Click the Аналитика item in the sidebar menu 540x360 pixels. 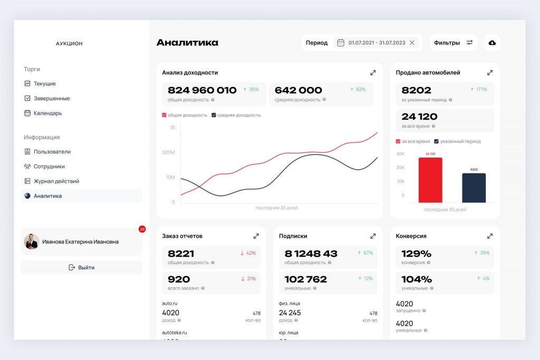click(47, 196)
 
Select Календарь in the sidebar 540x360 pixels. click(47, 113)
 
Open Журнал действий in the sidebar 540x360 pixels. click(56, 181)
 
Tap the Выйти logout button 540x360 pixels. click(82, 268)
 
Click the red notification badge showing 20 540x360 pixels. click(142, 229)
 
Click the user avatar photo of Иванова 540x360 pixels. click(32, 241)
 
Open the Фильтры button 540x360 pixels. click(453, 43)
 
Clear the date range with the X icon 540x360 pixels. click(412, 43)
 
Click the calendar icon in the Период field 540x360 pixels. click(341, 43)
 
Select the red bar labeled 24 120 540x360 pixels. click(430, 180)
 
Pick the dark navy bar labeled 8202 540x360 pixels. click(474, 188)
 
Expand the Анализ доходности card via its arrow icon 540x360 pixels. click(373, 73)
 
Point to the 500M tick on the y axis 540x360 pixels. click(169, 152)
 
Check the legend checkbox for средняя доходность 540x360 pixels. click(214, 115)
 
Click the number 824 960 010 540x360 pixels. click(202, 90)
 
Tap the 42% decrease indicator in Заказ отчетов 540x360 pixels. click(248, 253)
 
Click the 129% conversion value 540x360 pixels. click(417, 254)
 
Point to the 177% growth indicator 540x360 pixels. click(479, 90)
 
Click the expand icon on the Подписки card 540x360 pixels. click(373, 236)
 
